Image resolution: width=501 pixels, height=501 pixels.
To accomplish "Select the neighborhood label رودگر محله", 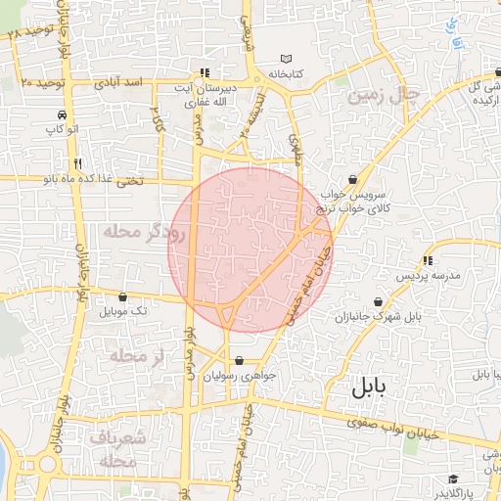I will tap(143, 232).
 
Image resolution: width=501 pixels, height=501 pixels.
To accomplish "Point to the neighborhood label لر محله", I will tap(135, 355).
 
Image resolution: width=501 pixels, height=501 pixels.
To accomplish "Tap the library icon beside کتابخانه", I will tap(286, 59).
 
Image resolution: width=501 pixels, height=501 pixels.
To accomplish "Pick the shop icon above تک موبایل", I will tap(122, 296).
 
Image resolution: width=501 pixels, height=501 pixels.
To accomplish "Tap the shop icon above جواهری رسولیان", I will tap(240, 360).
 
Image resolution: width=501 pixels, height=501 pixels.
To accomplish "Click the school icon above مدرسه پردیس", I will tap(428, 260).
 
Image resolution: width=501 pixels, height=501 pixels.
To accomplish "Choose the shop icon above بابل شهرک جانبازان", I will tap(379, 302).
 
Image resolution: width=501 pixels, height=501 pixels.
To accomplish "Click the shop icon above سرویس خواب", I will tap(352, 179).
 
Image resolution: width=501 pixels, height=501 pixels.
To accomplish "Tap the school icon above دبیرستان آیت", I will tap(204, 72).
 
